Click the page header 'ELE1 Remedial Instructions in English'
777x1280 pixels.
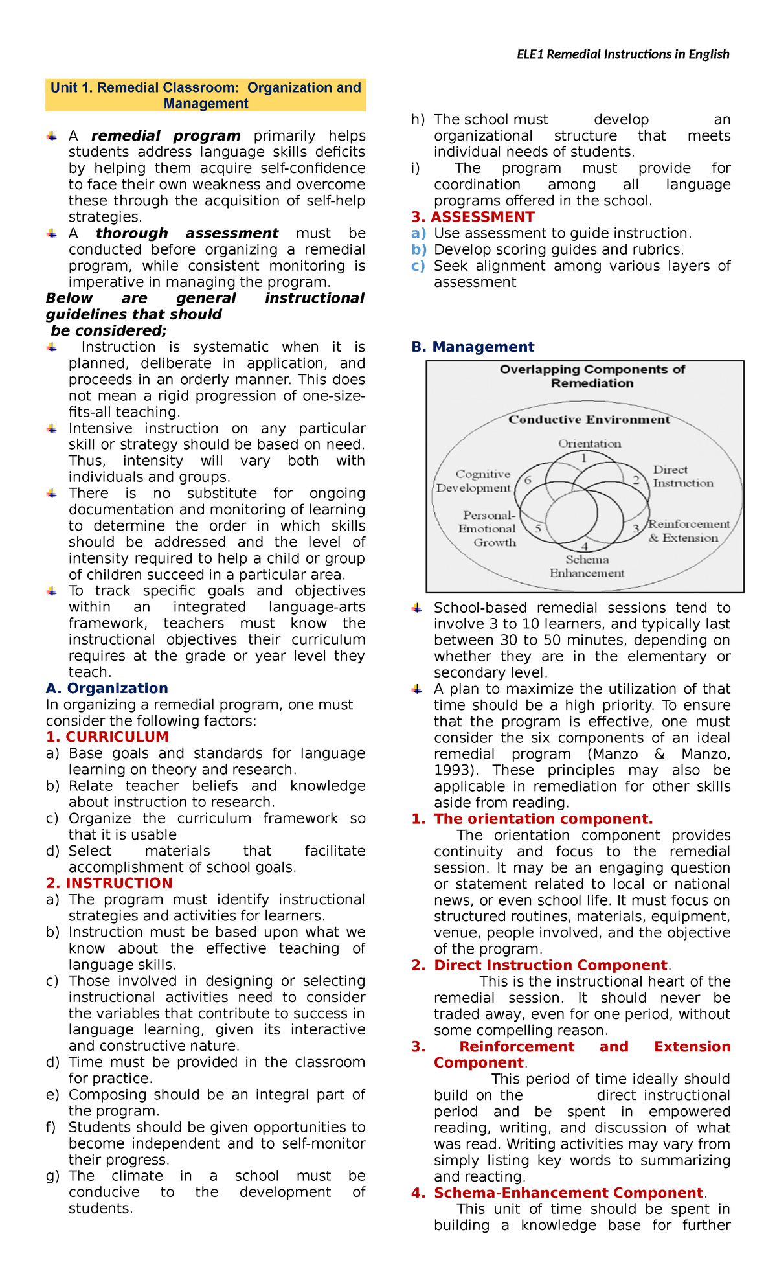click(622, 54)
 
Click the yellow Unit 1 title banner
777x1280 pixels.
click(206, 96)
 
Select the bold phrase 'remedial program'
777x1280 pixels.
click(166, 136)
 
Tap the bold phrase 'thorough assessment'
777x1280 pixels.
click(187, 233)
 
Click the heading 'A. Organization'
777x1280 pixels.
click(107, 689)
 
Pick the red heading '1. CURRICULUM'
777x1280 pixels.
click(107, 737)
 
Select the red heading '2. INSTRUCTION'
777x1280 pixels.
click(109, 884)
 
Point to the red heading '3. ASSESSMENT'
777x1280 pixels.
click(473, 217)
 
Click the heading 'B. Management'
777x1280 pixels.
click(473, 347)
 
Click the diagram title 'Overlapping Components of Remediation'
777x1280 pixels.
click(592, 376)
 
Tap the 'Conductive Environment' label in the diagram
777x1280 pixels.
click(589, 420)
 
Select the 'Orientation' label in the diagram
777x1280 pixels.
click(589, 444)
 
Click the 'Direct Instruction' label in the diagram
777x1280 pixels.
click(682, 476)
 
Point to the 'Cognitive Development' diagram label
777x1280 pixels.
click(474, 481)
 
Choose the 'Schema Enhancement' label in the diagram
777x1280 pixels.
click(587, 566)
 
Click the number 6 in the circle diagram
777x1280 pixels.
click(528, 480)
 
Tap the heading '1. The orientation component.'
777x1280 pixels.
click(532, 819)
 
